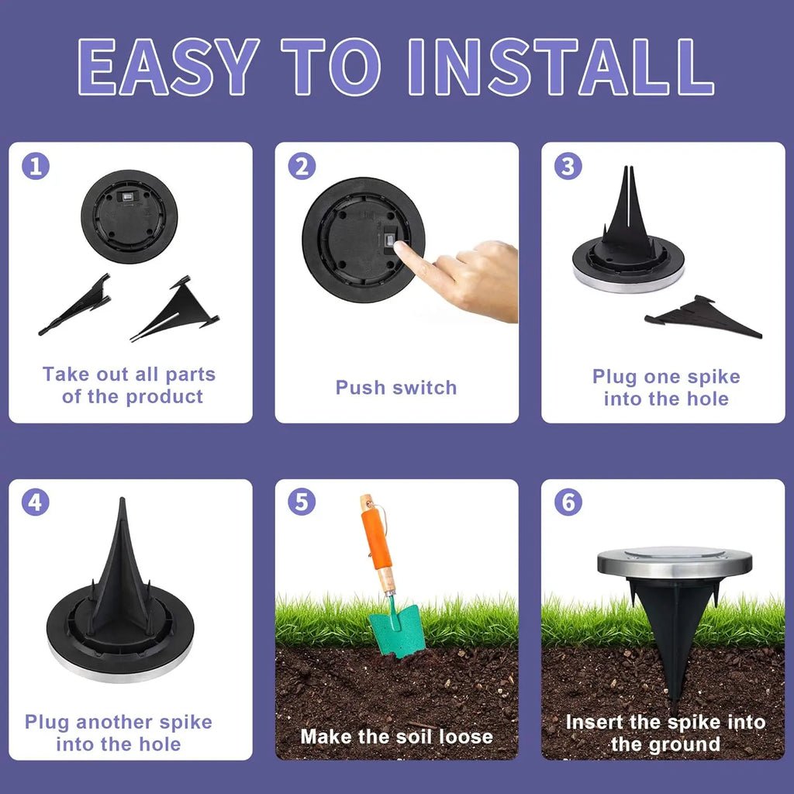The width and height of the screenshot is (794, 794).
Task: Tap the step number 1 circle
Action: [x=35, y=166]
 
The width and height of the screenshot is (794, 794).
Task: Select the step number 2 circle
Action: [x=302, y=166]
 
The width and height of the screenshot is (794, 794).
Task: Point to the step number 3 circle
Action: [x=568, y=166]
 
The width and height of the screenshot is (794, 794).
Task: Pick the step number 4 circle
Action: [x=35, y=502]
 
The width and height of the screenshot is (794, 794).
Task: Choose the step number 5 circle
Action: [x=302, y=502]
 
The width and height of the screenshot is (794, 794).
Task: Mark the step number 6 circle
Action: [x=568, y=502]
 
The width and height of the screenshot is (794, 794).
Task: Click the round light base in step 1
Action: [x=129, y=216]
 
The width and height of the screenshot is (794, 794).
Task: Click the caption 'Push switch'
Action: [x=396, y=388]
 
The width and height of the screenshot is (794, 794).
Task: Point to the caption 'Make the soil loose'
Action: [x=396, y=736]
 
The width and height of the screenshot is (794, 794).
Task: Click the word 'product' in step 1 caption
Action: [x=164, y=397]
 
